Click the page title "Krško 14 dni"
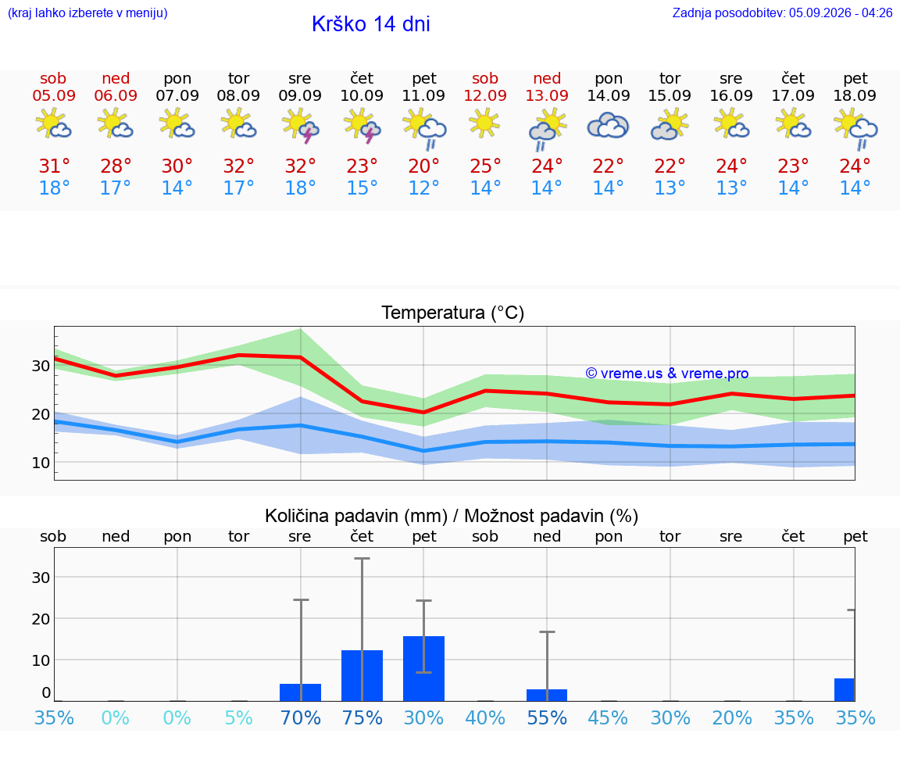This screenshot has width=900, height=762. tap(371, 24)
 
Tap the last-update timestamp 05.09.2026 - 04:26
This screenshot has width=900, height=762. tap(841, 13)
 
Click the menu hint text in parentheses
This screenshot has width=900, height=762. tap(87, 13)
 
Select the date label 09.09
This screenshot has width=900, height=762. tap(300, 95)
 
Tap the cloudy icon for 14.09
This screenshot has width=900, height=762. tap(609, 126)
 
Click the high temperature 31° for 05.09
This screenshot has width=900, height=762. tap(54, 166)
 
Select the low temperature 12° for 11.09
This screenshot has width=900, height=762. tap(423, 188)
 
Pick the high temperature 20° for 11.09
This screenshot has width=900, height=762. tap(423, 166)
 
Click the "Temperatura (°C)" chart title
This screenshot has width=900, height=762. tap(453, 313)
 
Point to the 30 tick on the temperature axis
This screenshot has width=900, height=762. tap(41, 366)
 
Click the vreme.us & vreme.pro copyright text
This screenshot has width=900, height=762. tap(667, 374)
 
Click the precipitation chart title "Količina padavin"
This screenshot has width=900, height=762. tap(356, 516)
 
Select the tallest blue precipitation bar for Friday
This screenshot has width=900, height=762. tap(423, 668)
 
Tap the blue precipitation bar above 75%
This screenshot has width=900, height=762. tap(362, 675)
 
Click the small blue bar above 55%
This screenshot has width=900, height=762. tap(547, 695)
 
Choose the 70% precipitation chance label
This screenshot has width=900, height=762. tap(300, 717)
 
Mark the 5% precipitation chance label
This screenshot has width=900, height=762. tap(239, 717)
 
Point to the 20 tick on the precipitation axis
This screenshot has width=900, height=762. tap(41, 619)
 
